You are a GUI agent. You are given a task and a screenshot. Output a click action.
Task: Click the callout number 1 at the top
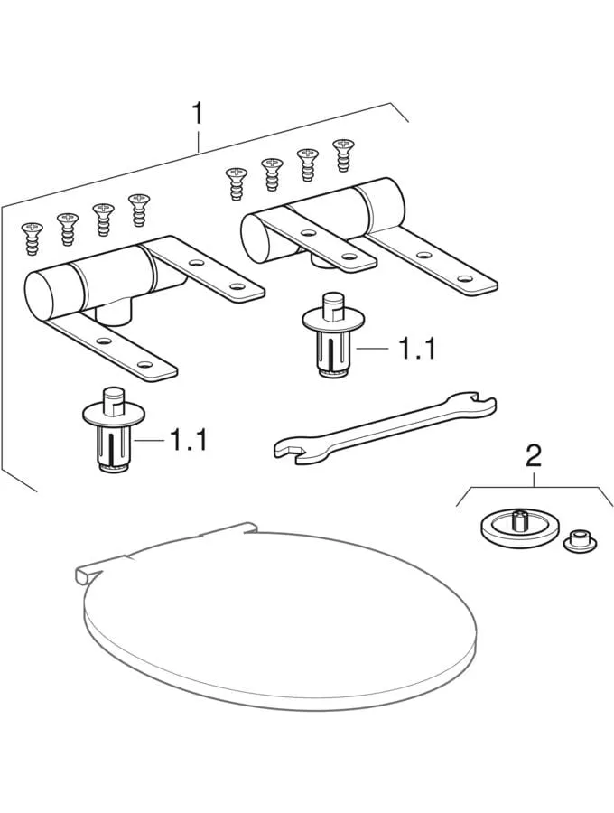[198, 114]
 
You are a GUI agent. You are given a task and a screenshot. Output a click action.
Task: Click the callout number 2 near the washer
[535, 456]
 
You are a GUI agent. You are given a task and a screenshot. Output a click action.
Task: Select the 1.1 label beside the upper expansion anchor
[415, 348]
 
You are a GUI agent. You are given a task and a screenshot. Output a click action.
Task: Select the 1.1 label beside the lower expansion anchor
[188, 440]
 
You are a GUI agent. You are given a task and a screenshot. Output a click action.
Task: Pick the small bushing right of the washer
[580, 541]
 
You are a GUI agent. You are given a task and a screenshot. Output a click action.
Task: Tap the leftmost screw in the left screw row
[32, 239]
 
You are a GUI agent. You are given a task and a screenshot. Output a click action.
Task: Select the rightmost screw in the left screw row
[138, 210]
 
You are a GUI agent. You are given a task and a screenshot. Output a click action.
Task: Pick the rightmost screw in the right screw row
[343, 154]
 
